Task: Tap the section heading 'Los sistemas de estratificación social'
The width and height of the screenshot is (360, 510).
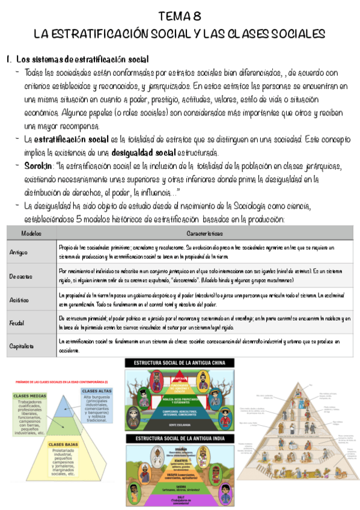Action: click(x=82, y=60)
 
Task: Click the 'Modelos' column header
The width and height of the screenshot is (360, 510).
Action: click(x=31, y=232)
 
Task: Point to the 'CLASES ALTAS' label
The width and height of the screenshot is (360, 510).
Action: click(x=96, y=391)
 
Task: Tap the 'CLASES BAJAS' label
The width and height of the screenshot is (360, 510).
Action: click(x=62, y=444)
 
